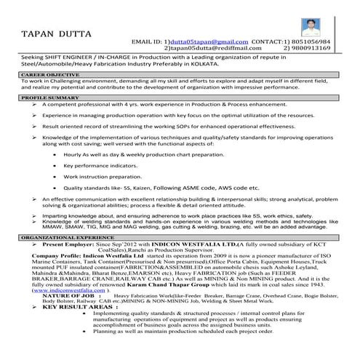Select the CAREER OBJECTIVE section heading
(x=49, y=74)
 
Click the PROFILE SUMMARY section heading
(x=49, y=97)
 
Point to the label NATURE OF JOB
(x=68, y=296)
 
